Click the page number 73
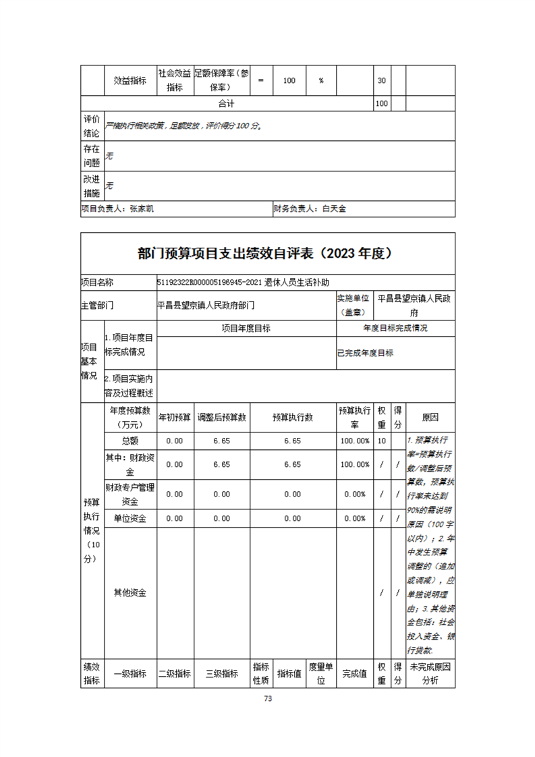[x=268, y=698]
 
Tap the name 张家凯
[x=142, y=209]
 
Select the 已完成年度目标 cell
[x=365, y=353]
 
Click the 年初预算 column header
[x=175, y=418]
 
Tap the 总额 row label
[x=130, y=441]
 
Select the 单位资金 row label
[x=130, y=518]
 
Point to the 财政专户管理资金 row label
[x=130, y=495]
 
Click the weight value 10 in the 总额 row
[x=382, y=441]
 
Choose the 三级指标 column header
[x=222, y=673]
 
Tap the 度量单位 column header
[x=321, y=673]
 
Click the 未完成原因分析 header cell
[x=430, y=673]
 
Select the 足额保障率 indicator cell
[x=221, y=80]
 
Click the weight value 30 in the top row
[x=381, y=80]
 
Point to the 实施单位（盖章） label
[x=354, y=305]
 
